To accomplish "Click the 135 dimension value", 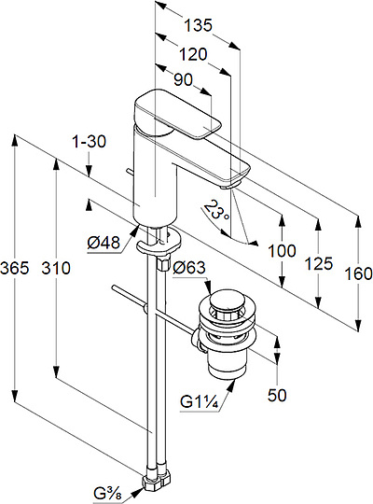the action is click(x=199, y=25).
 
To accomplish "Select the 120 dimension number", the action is click(x=193, y=54).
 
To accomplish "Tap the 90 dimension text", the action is click(x=183, y=79).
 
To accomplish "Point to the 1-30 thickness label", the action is click(x=90, y=142).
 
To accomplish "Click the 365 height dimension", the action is click(x=15, y=268).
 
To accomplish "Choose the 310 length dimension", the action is click(x=56, y=268).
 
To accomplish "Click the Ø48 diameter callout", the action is click(x=104, y=243).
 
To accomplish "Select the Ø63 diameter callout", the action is click(x=189, y=268).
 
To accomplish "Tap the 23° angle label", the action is click(x=216, y=210).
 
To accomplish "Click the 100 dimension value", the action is click(x=282, y=251).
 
